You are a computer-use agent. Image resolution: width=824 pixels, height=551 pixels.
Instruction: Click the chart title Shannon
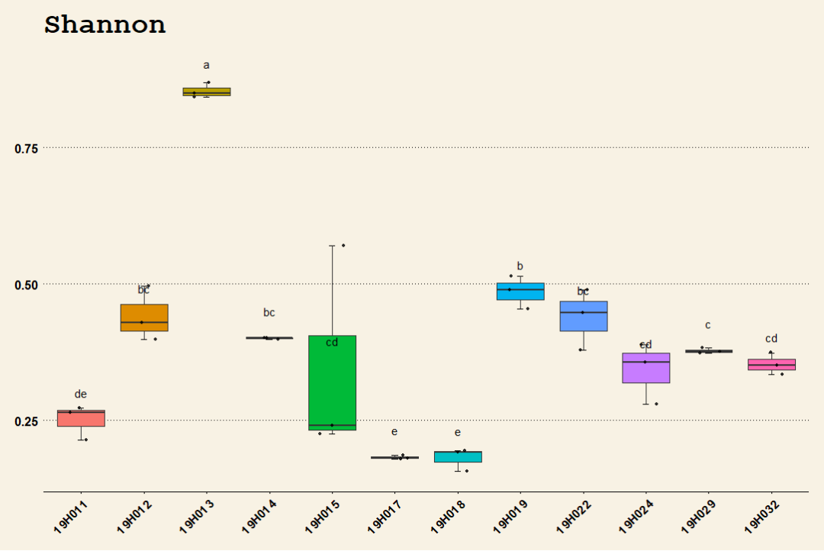coord(105,25)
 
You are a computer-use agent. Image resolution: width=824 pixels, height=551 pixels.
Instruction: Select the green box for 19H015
coord(332,382)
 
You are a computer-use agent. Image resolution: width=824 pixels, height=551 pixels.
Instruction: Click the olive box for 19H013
coord(206,92)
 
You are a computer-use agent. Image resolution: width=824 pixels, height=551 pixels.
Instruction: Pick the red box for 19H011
coord(81,418)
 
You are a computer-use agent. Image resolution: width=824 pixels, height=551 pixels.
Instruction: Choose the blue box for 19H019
coord(520,292)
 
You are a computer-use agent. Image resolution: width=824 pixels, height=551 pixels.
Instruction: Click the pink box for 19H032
coord(771,365)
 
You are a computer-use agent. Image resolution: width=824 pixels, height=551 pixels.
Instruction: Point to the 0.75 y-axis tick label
coord(27,148)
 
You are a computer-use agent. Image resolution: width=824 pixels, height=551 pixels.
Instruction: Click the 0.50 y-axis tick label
coord(27,285)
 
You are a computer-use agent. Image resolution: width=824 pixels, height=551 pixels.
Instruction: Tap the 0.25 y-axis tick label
coord(27,421)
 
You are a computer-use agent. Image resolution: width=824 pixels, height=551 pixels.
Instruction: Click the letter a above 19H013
coord(206,66)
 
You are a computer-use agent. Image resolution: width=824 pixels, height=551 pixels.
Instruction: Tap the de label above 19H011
coord(81,395)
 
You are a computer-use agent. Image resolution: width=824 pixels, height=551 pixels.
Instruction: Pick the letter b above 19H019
coord(520,266)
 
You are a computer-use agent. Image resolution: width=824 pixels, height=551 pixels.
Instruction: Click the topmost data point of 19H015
coord(343,246)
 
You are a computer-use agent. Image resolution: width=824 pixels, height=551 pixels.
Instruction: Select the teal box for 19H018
coord(458,456)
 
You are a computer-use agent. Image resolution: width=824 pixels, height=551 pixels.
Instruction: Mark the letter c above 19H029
coord(708,325)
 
